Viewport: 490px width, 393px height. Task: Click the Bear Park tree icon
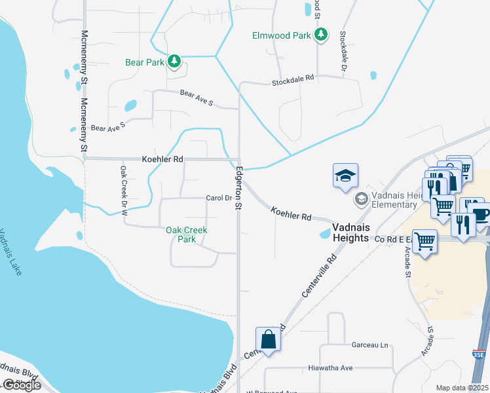point(174,62)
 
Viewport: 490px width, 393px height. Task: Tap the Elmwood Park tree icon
point(321,34)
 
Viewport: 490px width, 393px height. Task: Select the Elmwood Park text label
point(282,36)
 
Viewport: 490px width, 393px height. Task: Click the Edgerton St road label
point(237,189)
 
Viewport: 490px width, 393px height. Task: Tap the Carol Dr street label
point(219,198)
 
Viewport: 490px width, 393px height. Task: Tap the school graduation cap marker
point(345,176)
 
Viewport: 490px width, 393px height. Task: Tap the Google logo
point(21,385)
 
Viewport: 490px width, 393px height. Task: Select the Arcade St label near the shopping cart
point(406,253)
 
